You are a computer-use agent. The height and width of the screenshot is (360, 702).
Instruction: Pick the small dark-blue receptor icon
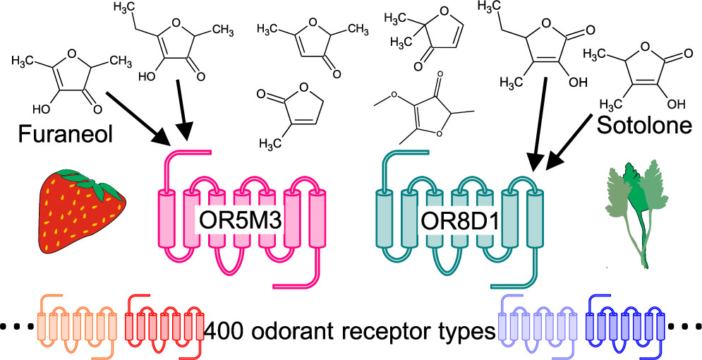coord(624,320)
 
